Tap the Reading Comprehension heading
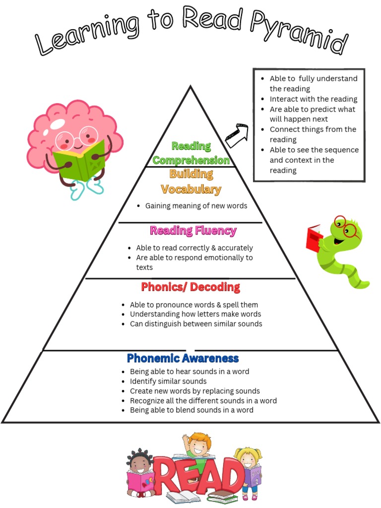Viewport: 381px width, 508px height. pyautogui.click(x=191, y=153)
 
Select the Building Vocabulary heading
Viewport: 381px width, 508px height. pyautogui.click(x=191, y=182)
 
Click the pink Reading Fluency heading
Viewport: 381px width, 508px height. pyautogui.click(x=193, y=231)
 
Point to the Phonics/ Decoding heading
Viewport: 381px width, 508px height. pyautogui.click(x=190, y=287)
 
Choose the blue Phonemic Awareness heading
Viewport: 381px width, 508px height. pyautogui.click(x=183, y=358)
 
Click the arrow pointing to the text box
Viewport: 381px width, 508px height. pyautogui.click(x=237, y=135)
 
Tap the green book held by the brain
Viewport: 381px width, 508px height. pyautogui.click(x=79, y=160)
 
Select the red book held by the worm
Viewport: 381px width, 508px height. pyautogui.click(x=314, y=238)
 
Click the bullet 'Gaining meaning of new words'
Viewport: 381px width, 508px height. pyautogui.click(x=196, y=206)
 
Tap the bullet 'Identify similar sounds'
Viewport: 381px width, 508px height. pyautogui.click(x=168, y=381)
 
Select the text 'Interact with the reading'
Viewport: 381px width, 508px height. pyautogui.click(x=313, y=99)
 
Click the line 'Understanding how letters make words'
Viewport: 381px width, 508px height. pyautogui.click(x=195, y=314)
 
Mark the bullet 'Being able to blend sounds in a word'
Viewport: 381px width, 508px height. pyautogui.click(x=191, y=410)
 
